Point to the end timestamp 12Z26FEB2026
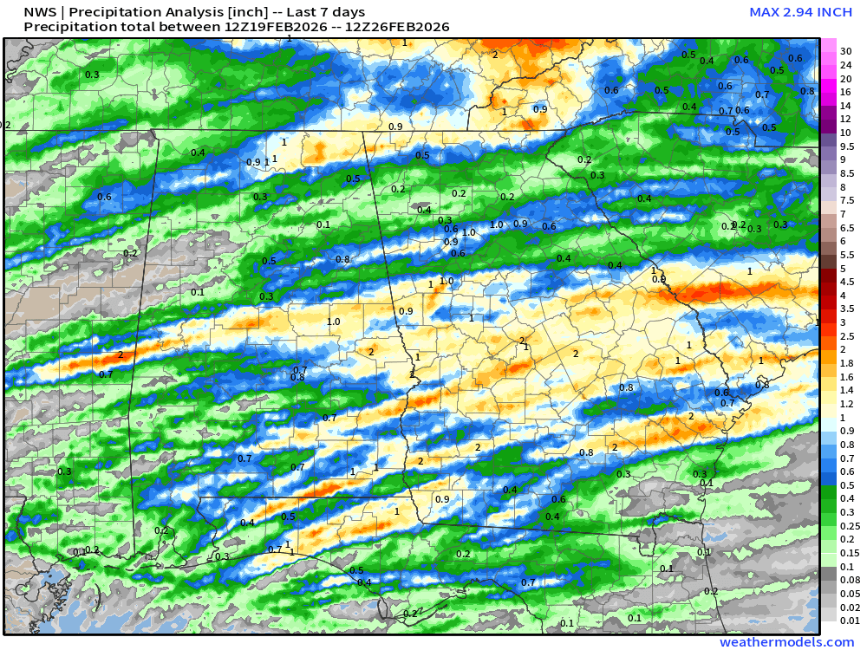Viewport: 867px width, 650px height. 398,27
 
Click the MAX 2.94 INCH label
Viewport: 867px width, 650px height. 801,12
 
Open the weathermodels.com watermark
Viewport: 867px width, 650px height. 786,642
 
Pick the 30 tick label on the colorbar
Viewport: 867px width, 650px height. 845,51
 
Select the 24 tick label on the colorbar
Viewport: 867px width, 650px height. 845,65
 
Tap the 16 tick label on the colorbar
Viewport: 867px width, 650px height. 845,92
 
